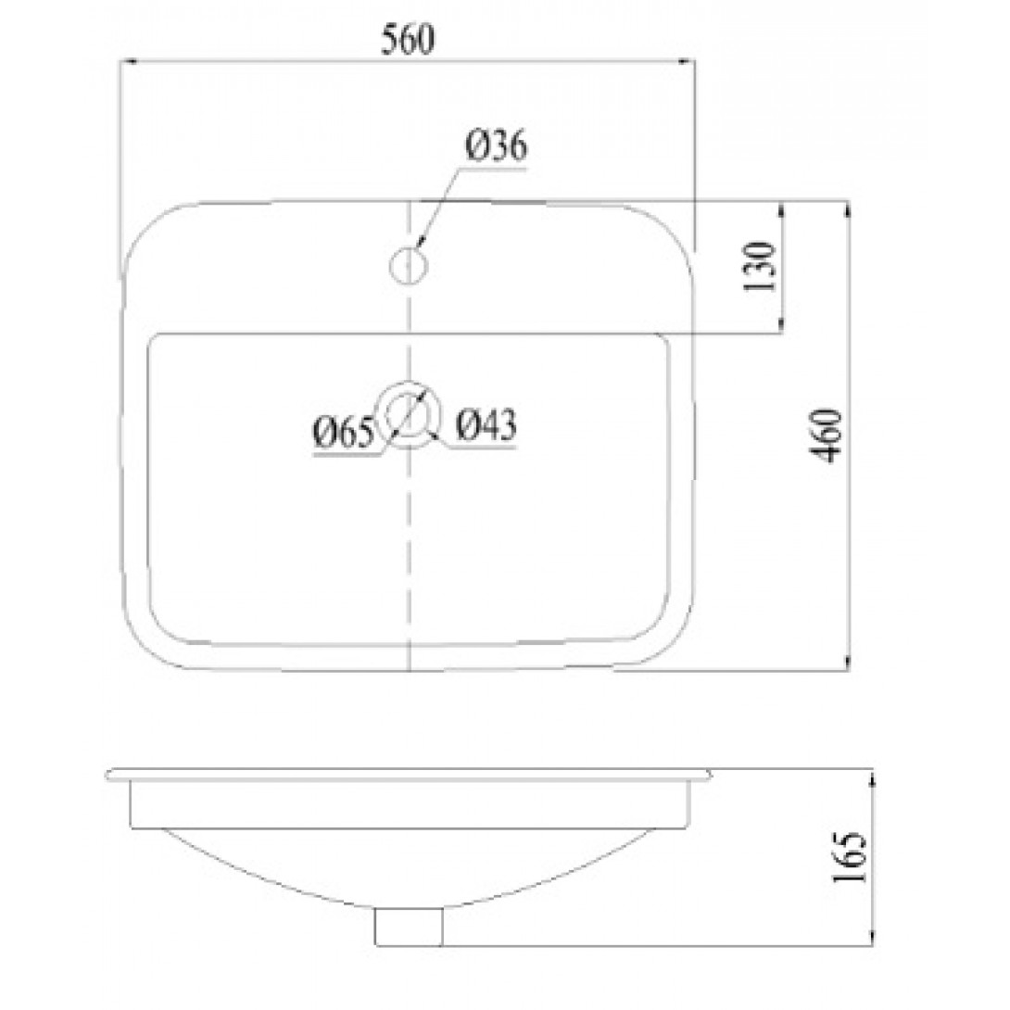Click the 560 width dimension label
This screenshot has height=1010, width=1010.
[409, 40]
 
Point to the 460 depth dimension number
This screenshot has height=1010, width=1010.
[826, 436]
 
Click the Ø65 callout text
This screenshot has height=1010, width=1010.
[344, 432]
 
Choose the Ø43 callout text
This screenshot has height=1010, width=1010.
[486, 425]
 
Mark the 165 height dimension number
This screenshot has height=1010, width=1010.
[851, 858]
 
